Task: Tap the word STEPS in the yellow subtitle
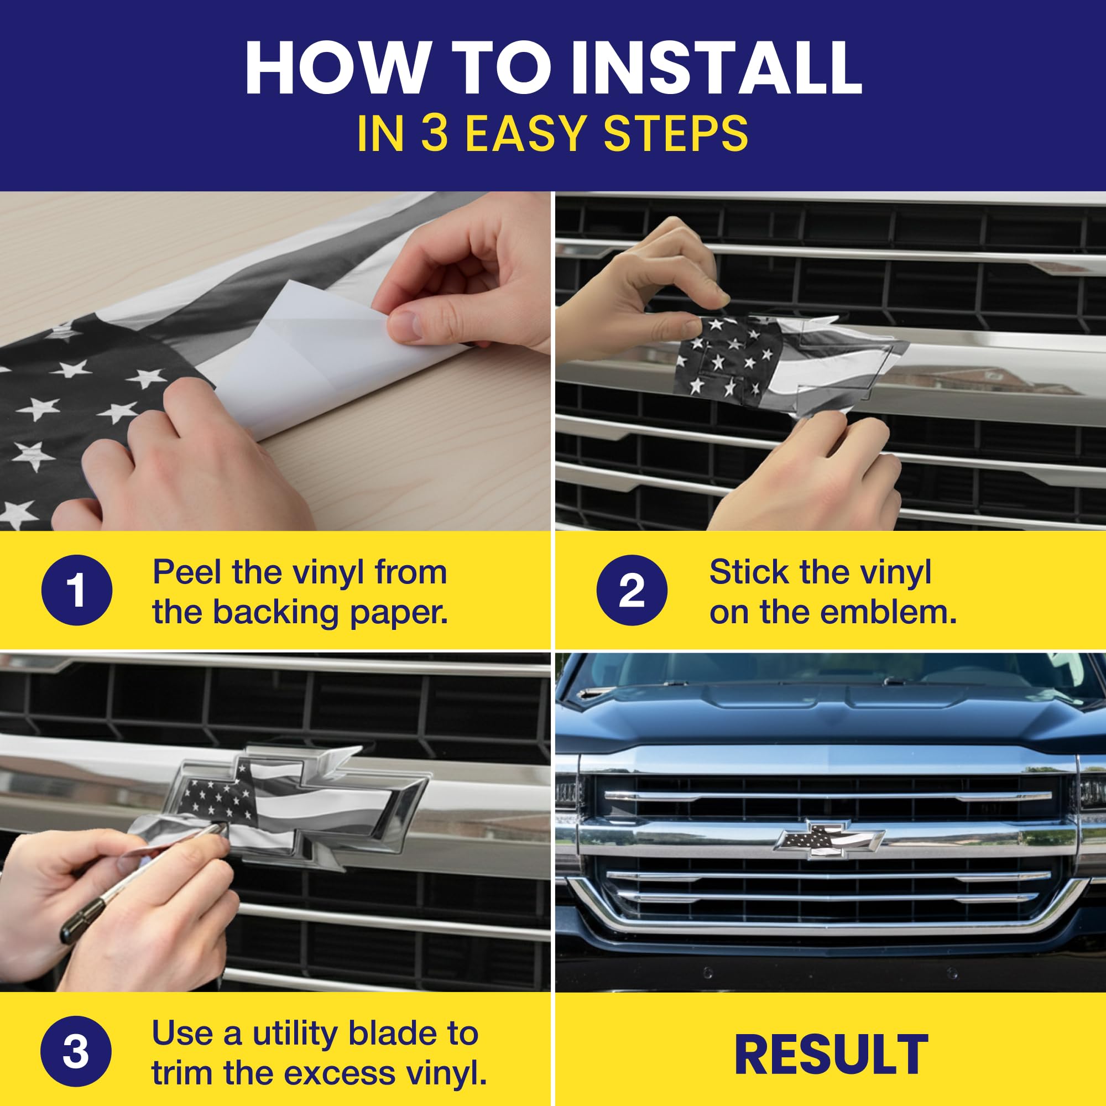(676, 133)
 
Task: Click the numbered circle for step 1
(77, 589)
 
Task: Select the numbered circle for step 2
(632, 589)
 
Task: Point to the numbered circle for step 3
(76, 1051)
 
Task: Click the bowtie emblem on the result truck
(829, 840)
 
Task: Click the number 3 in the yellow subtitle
(437, 133)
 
